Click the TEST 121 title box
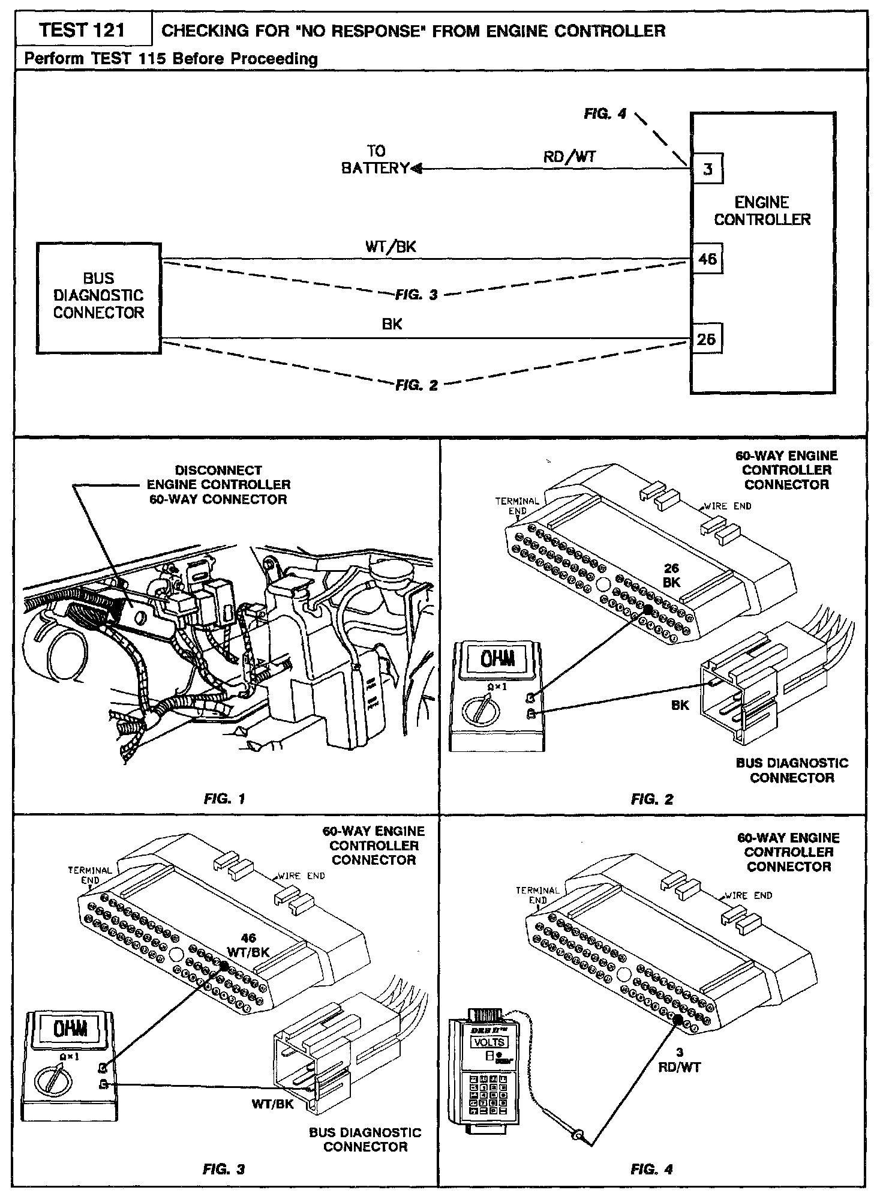82,30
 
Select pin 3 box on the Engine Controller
707,169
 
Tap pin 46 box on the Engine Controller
707,259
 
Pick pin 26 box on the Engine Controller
707,339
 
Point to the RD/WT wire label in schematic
569,157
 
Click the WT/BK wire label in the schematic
391,247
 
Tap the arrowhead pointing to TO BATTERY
416,169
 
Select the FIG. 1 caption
224,799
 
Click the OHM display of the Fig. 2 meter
491,661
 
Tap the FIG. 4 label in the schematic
605,113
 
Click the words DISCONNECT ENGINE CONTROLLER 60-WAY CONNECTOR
218,485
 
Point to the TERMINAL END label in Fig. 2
516,506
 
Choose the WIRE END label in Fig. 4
748,895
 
